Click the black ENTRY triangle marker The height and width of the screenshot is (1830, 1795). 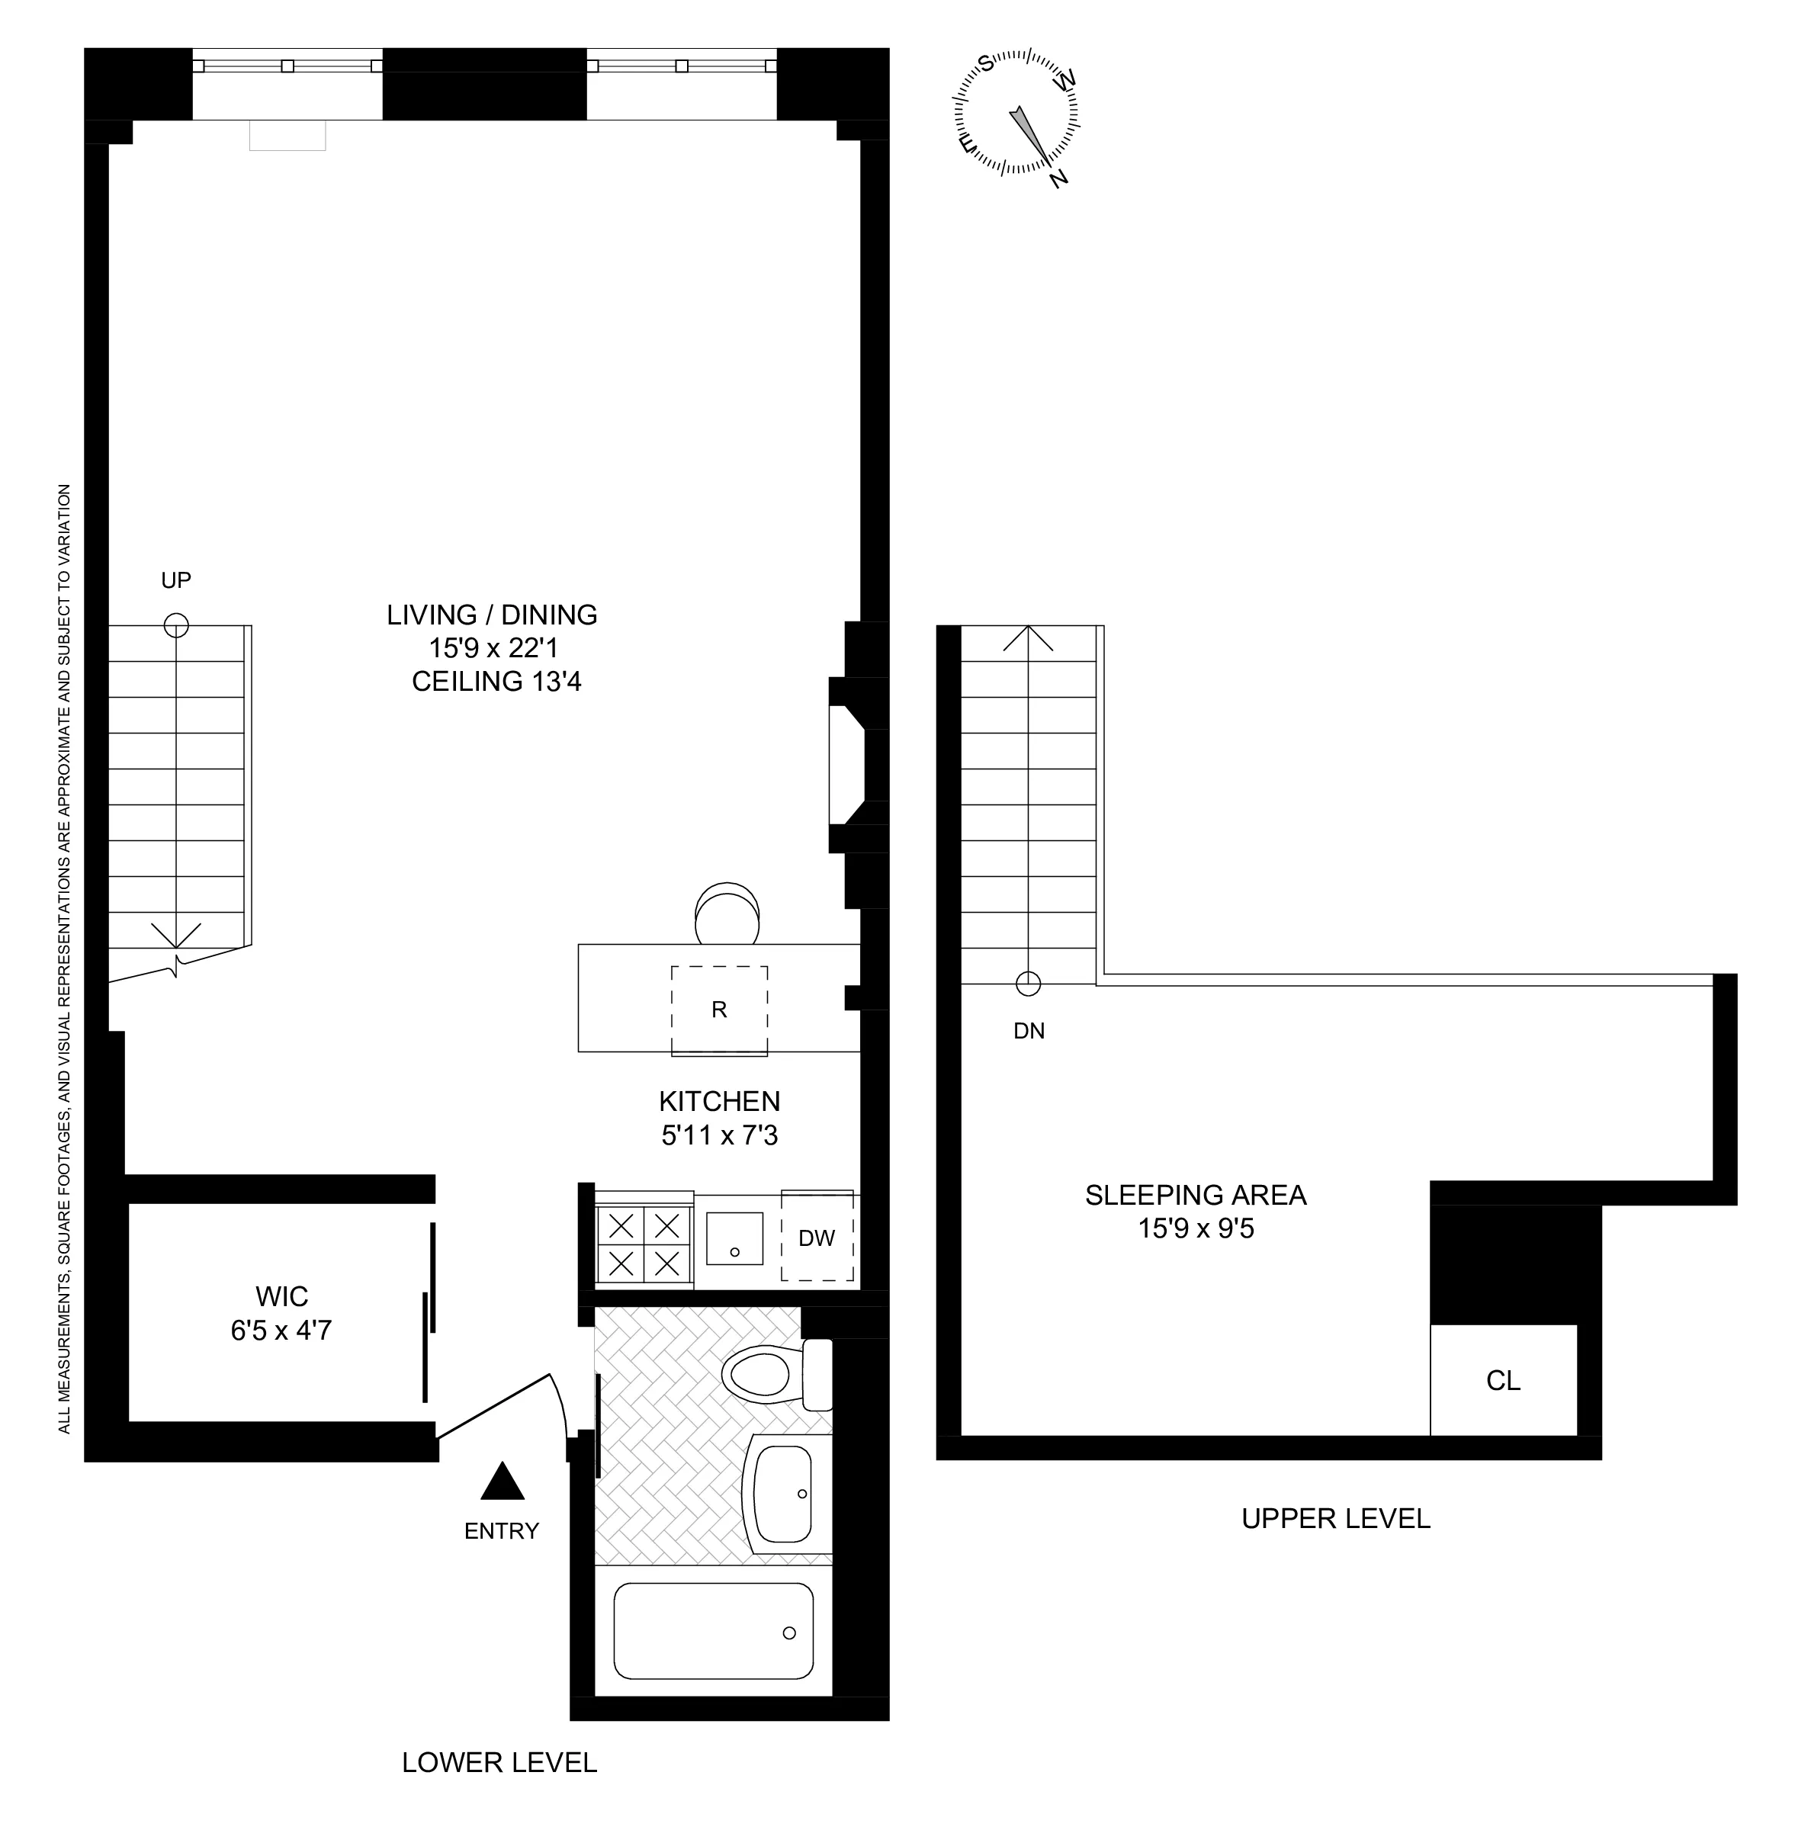(x=502, y=1482)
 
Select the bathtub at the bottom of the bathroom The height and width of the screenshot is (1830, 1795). (x=713, y=1632)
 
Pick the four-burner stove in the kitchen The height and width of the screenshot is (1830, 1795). (x=644, y=1244)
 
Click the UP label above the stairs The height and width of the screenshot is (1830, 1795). (x=175, y=581)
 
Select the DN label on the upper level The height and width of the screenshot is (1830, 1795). (x=1029, y=1032)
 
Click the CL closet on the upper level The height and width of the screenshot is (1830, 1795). (x=1503, y=1380)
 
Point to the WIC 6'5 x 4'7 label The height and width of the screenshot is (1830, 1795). (x=281, y=1313)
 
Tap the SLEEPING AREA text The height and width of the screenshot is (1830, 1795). (x=1196, y=1196)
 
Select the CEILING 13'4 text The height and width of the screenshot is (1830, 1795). (x=497, y=682)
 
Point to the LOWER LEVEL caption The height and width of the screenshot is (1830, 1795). (x=499, y=1762)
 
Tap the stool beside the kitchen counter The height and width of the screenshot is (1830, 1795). (x=727, y=913)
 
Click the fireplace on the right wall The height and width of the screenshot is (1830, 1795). (x=849, y=765)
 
